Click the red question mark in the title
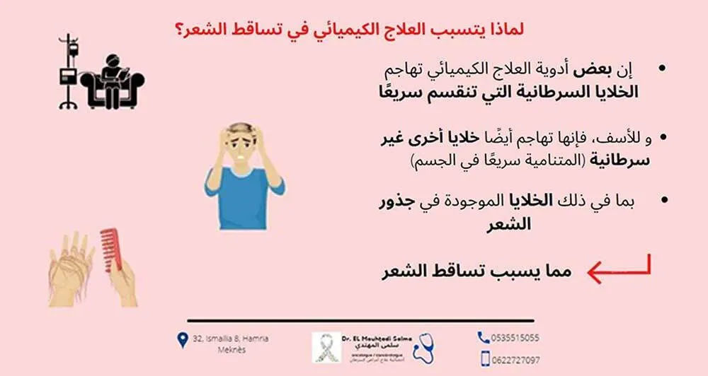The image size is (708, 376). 180,30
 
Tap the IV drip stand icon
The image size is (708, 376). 68,71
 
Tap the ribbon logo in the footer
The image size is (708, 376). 326,347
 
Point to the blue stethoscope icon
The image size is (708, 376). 423,344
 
